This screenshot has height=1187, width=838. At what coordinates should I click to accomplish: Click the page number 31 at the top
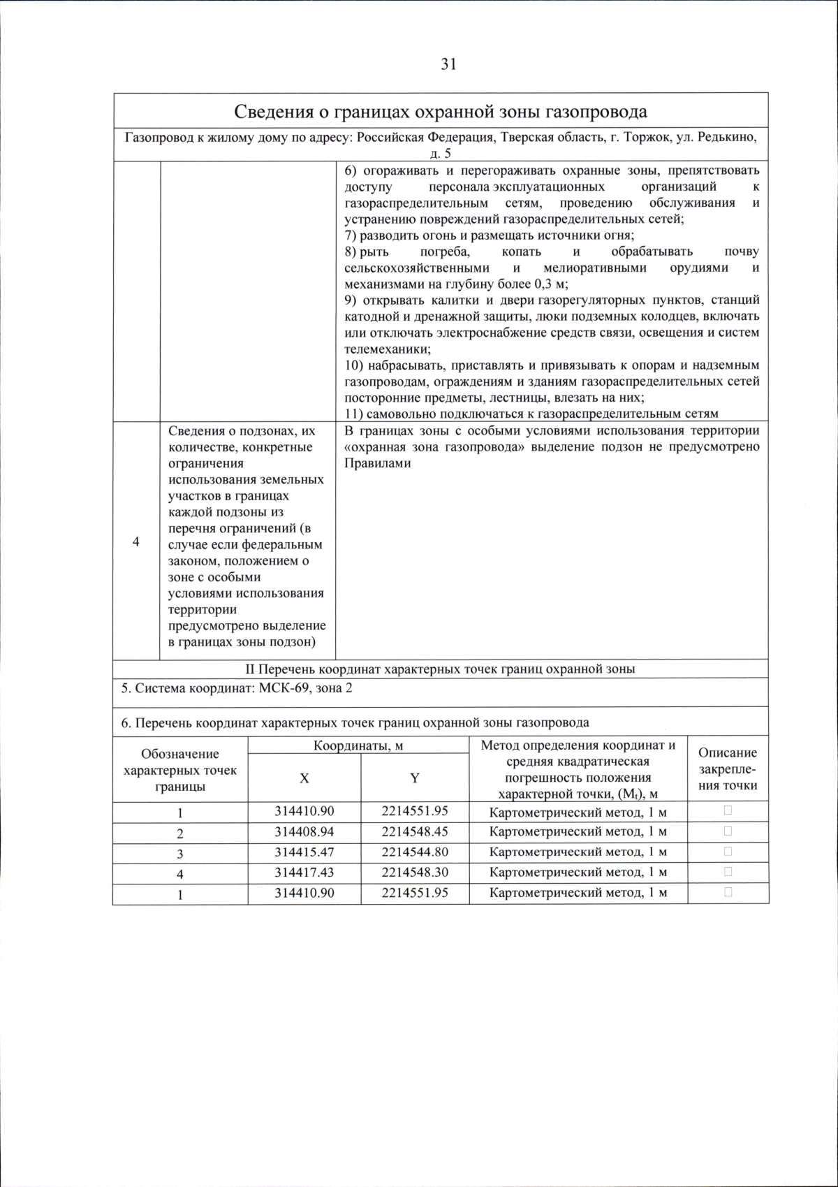pos(448,64)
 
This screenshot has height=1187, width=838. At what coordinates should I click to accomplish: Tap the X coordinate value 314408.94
pos(304,832)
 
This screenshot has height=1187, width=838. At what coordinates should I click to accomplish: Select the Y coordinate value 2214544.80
pos(415,852)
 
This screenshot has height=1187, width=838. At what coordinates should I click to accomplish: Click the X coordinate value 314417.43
pos(304,873)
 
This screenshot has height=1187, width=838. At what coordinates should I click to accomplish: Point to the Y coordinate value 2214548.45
pos(415,832)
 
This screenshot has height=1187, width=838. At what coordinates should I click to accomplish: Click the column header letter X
pos(304,778)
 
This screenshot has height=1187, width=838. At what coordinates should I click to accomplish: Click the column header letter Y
pos(415,778)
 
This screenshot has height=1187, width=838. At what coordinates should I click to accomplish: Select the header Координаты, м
pos(358,745)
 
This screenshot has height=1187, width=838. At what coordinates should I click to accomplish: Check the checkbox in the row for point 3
pos(728,852)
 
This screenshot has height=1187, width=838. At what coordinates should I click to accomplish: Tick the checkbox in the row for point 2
pos(728,831)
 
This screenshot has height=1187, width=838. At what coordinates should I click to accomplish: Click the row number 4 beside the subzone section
pos(136,542)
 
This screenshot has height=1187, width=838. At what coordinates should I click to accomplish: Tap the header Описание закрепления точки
pos(728,769)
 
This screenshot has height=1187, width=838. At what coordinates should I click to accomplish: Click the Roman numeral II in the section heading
pos(252,669)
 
